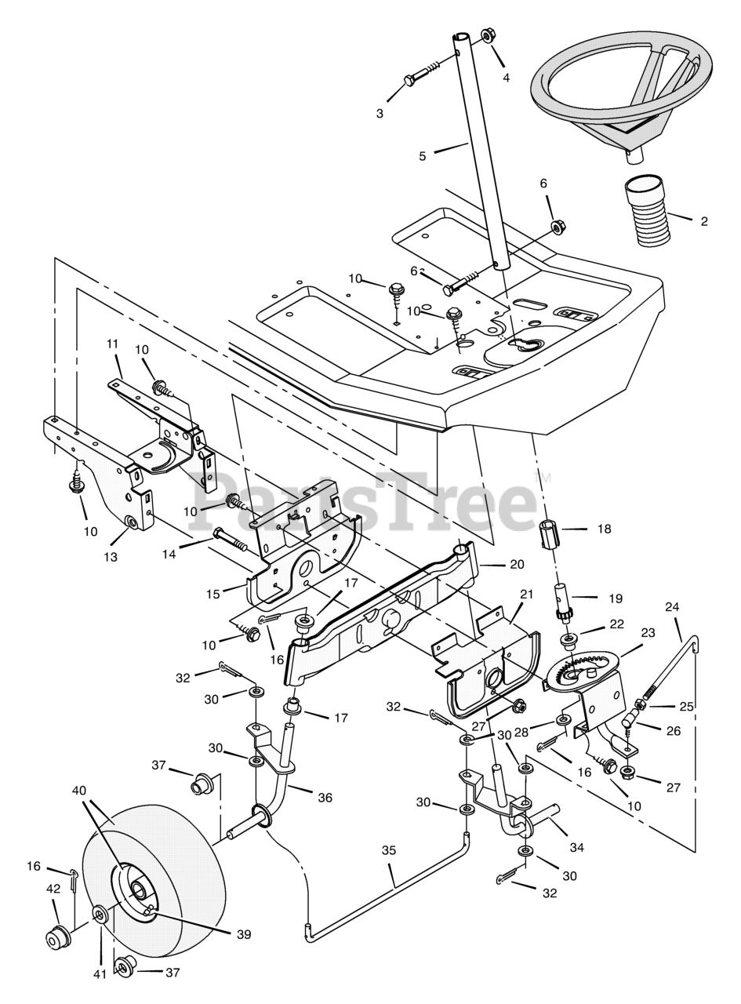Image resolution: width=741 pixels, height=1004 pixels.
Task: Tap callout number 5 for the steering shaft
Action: coord(423,156)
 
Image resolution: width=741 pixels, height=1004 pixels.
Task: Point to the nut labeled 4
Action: coord(488,36)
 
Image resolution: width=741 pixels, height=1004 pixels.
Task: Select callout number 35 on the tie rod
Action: coord(389,850)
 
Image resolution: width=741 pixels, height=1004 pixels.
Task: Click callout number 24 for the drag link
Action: coord(672,607)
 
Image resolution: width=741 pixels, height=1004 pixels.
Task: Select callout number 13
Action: coord(110,557)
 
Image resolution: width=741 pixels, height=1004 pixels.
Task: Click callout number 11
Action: coord(112,344)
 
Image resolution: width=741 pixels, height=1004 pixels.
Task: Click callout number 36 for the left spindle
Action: coord(325,798)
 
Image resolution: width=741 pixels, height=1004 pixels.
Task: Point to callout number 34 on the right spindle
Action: coord(577,847)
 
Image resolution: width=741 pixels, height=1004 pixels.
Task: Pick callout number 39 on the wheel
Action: coord(243,934)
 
